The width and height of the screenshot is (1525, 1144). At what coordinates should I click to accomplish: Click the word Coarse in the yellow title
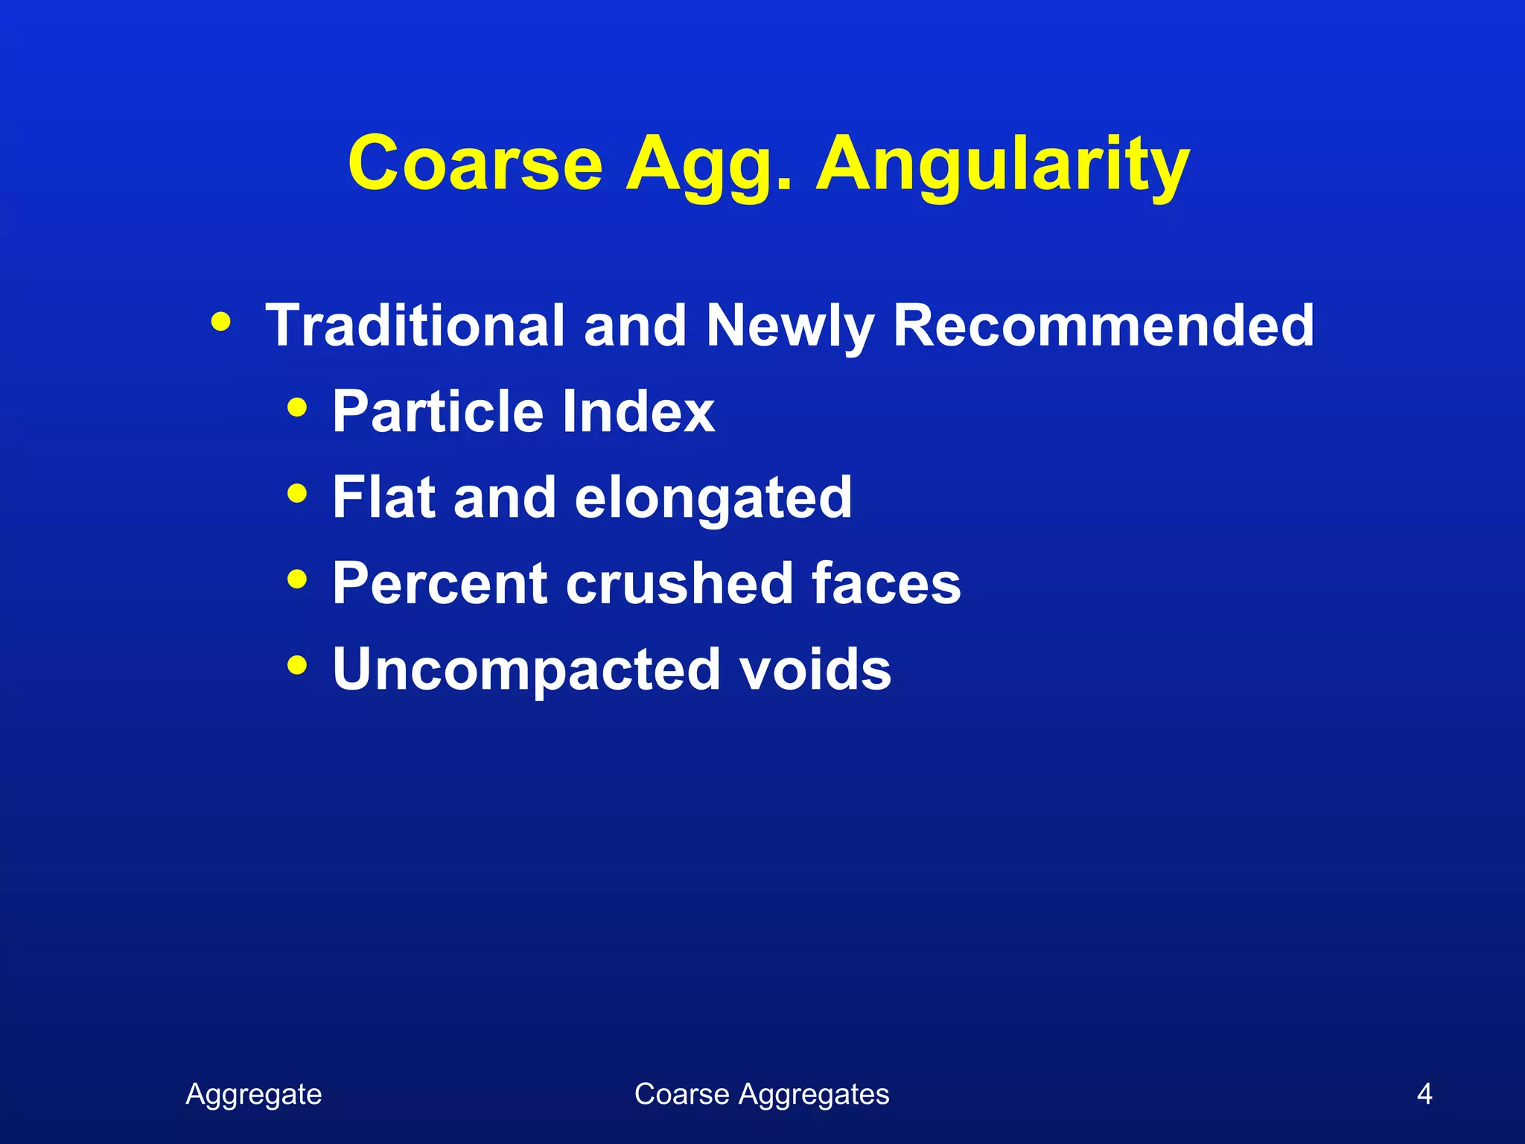[475, 164]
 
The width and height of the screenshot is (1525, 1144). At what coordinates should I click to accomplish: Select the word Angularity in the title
[1002, 165]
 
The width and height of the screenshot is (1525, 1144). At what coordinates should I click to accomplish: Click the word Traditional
[415, 325]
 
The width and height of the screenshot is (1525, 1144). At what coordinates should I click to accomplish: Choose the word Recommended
[1104, 325]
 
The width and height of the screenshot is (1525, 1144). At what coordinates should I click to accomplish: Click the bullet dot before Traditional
[220, 322]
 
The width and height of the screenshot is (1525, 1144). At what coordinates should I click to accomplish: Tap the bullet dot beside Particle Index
[297, 407]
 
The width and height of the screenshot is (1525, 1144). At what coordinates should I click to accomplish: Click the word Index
[638, 411]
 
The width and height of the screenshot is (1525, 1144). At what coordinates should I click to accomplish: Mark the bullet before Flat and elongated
[297, 493]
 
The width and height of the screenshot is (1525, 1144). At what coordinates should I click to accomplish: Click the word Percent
[440, 583]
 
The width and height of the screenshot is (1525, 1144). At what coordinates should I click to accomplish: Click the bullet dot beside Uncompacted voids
[297, 664]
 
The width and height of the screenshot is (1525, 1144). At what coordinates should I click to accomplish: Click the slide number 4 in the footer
[1424, 1094]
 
